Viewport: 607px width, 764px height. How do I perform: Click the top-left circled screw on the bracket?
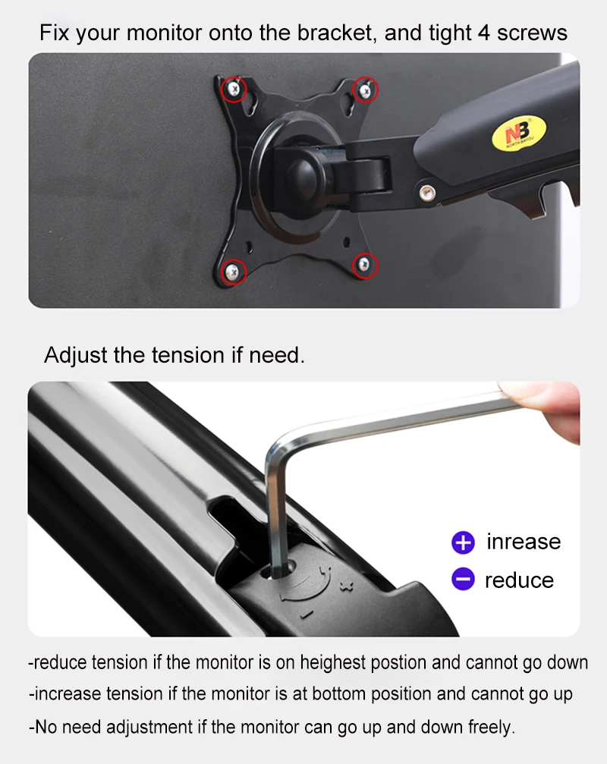tap(234, 90)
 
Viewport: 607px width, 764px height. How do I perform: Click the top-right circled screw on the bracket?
tap(366, 90)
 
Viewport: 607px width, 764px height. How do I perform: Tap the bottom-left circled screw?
tap(232, 269)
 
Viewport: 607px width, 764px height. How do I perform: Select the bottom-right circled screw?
tap(366, 265)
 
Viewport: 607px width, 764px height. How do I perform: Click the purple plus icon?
tap(463, 542)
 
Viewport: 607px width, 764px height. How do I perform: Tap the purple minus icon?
tap(463, 580)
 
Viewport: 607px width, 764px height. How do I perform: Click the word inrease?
tap(524, 542)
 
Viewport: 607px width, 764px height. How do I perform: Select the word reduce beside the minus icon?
tap(519, 580)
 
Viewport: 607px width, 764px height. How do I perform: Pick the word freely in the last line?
tap(491, 727)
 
